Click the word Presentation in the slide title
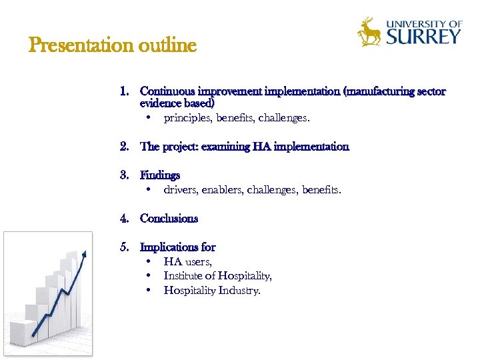click(81, 46)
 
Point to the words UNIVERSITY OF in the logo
click(424, 23)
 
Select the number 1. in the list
click(125, 91)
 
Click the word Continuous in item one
click(167, 91)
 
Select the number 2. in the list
click(125, 147)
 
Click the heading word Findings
click(160, 175)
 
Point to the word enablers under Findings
click(221, 190)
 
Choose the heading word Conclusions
click(169, 219)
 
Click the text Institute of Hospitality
click(217, 276)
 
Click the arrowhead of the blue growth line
click(84, 254)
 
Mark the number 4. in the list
click(125, 219)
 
